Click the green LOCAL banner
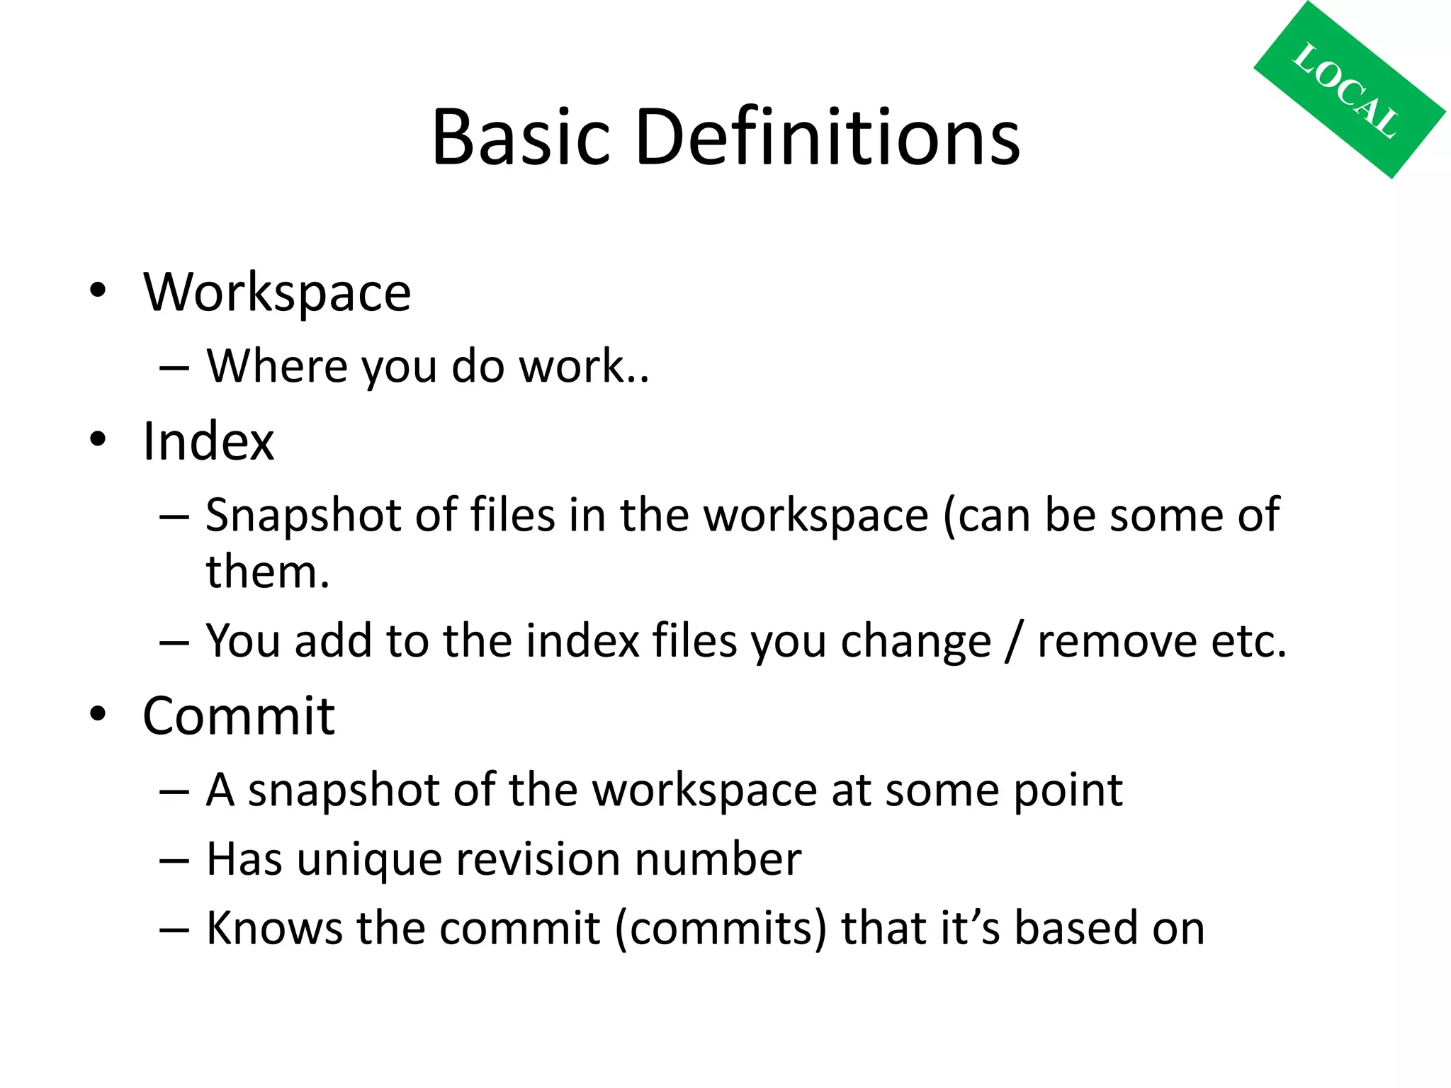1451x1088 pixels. (x=1349, y=90)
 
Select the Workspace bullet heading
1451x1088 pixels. (x=277, y=292)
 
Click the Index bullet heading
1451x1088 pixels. (x=208, y=441)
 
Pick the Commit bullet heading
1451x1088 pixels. (x=239, y=715)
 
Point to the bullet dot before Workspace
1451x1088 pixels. (x=98, y=290)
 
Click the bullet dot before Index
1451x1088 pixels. (x=98, y=439)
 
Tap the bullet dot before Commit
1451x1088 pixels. (x=98, y=713)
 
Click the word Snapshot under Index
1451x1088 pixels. (x=304, y=515)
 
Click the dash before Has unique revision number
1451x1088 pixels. (x=174, y=861)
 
